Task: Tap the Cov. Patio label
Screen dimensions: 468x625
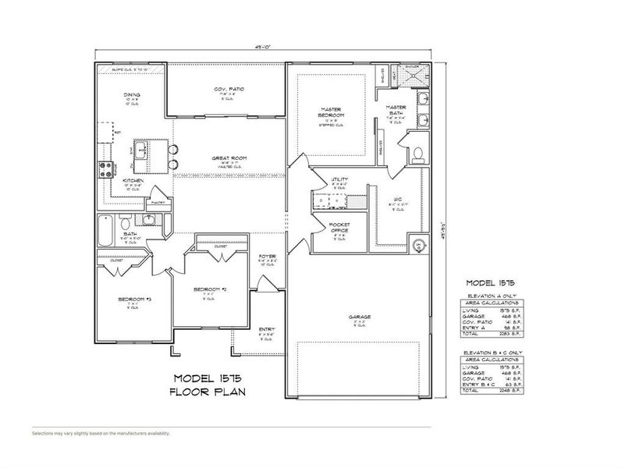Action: coord(229,90)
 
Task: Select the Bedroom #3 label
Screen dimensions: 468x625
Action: coord(130,300)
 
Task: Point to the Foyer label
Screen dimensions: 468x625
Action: coord(267,256)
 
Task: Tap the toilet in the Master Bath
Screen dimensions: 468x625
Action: coord(417,153)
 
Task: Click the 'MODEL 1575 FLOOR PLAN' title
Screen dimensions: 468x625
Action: coord(208,385)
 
